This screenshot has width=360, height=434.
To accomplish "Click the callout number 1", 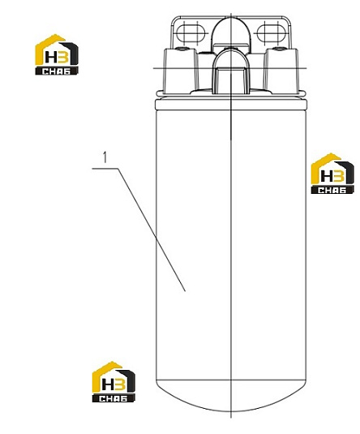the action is coord(105,157).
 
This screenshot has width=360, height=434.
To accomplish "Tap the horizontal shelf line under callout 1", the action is coord(105,168).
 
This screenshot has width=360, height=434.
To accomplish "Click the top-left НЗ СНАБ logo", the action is coord(57,54).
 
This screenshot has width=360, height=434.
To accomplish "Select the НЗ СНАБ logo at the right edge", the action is coord(332,174).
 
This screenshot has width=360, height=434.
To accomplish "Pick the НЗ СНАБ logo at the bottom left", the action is coord(114,382).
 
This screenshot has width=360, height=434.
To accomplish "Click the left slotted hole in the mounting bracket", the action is coord(191,32).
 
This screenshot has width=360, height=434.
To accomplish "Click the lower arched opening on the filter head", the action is coord(231,72).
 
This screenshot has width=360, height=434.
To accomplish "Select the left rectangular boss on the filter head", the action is coord(181,71).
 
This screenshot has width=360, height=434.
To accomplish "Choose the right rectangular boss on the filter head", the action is coord(281,71).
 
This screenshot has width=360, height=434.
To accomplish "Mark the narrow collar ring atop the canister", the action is coord(231,105).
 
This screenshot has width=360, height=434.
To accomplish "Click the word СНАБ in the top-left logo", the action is coord(57,71).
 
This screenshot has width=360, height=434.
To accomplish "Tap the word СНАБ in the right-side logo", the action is coord(332,190).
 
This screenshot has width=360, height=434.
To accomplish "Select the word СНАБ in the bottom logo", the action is coord(114,398).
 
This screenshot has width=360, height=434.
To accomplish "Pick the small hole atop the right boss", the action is coord(279,49).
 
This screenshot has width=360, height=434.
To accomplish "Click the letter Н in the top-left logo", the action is coord(50,58).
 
